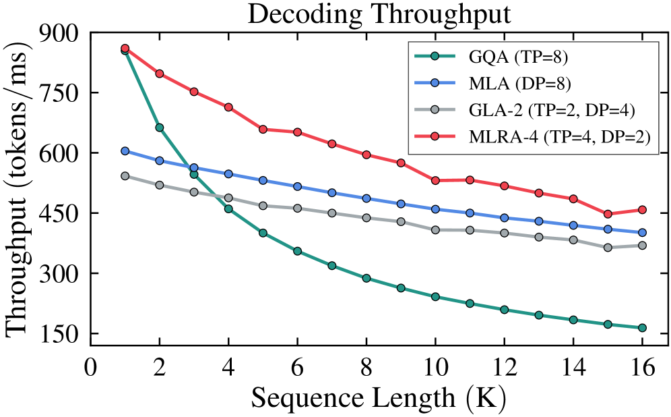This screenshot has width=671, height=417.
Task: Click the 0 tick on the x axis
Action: point(90,366)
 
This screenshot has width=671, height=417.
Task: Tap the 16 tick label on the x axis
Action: point(642,366)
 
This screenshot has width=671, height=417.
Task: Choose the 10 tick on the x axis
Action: point(435,366)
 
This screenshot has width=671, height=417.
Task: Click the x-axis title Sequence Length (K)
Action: point(379,397)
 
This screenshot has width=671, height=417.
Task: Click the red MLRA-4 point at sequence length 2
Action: point(160,74)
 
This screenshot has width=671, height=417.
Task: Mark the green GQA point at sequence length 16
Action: point(642,328)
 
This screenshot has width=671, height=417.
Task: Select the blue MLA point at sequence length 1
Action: point(125,151)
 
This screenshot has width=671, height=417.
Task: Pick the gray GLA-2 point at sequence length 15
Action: point(608,247)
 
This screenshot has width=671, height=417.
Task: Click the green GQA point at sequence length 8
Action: point(366,278)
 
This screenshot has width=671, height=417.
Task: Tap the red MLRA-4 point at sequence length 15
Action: point(608,214)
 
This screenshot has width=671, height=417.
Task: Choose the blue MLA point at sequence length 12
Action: point(504,218)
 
